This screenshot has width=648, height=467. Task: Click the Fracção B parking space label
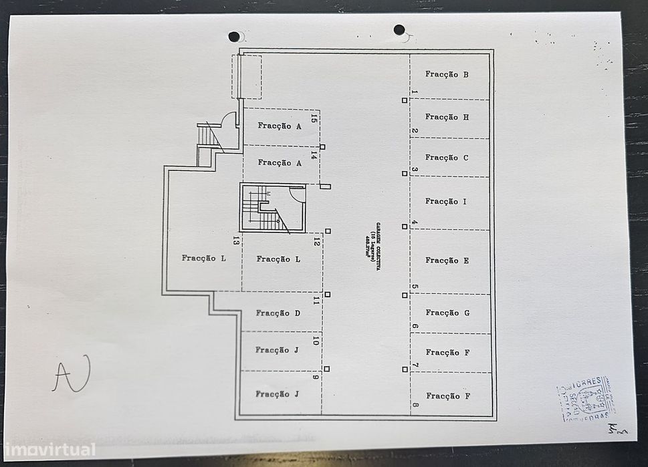[447, 74]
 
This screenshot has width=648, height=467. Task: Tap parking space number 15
[314, 120]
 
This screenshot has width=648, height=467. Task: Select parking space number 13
[236, 241]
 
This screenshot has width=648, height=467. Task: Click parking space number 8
[415, 405]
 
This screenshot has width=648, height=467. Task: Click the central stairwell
[272, 208]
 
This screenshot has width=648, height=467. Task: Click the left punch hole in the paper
[234, 36]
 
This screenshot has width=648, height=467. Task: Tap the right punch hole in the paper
[399, 29]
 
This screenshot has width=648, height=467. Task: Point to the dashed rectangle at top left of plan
[246, 76]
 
